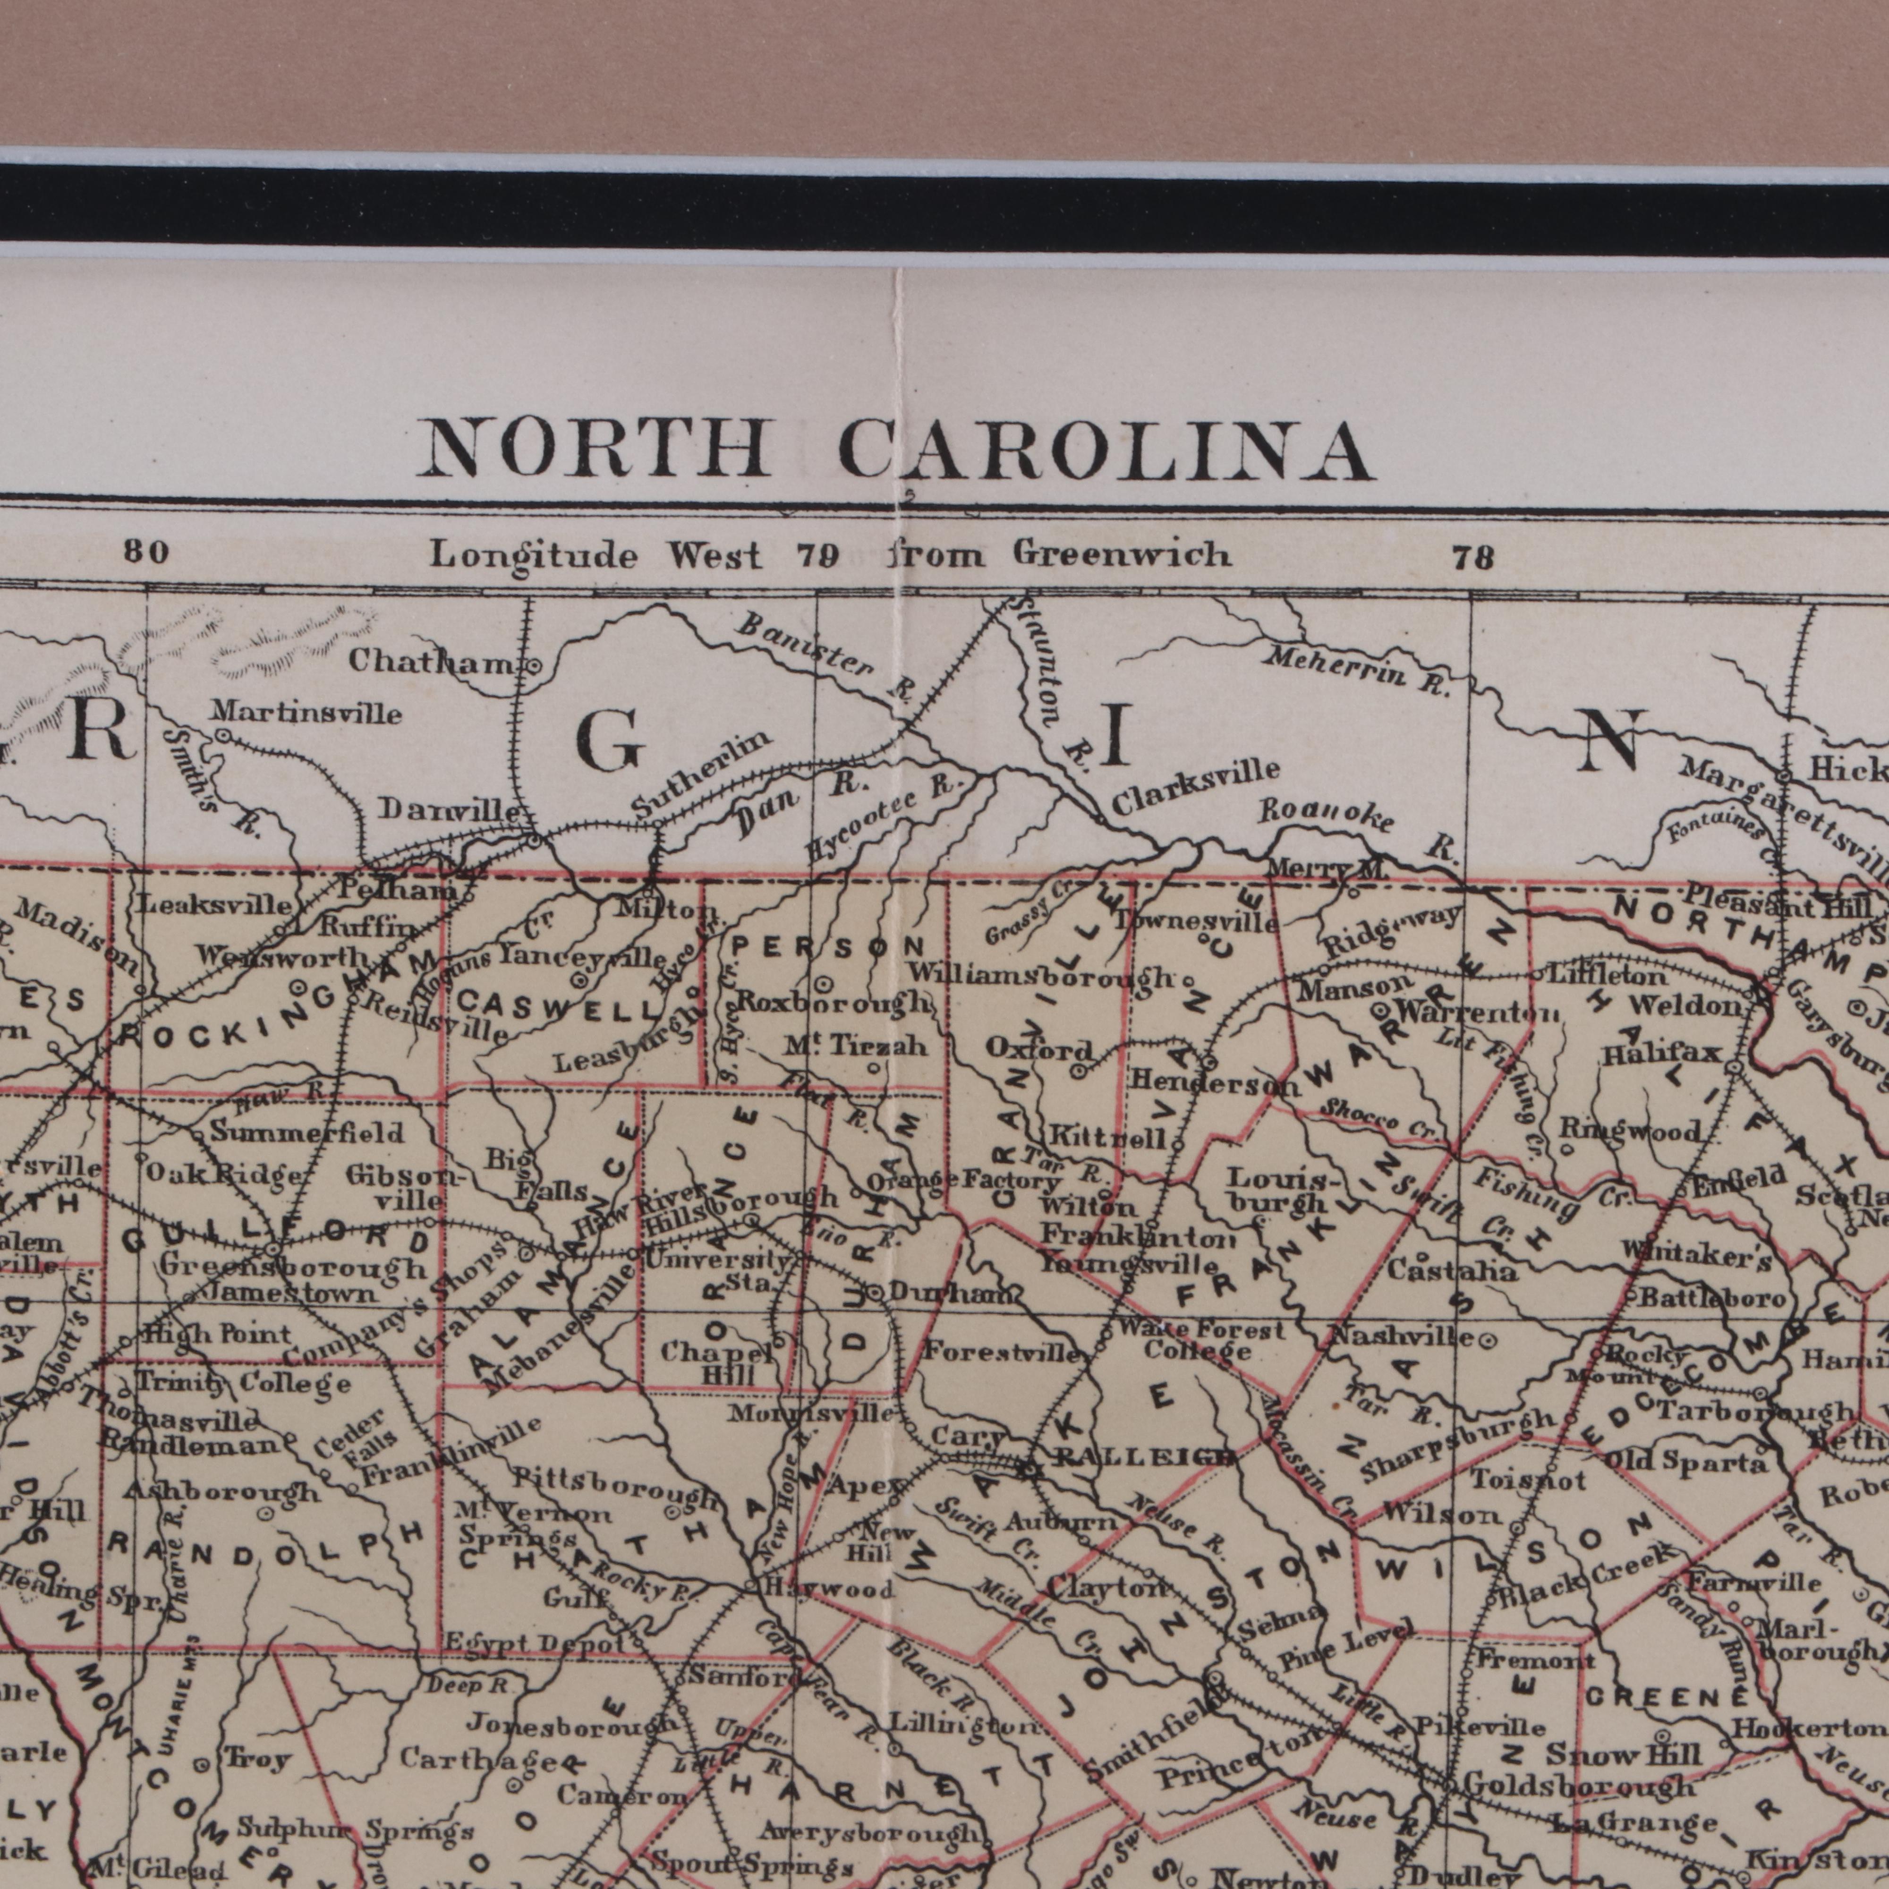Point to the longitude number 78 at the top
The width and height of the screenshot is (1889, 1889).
click(1472, 558)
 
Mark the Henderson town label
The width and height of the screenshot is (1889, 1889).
click(1214, 1083)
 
